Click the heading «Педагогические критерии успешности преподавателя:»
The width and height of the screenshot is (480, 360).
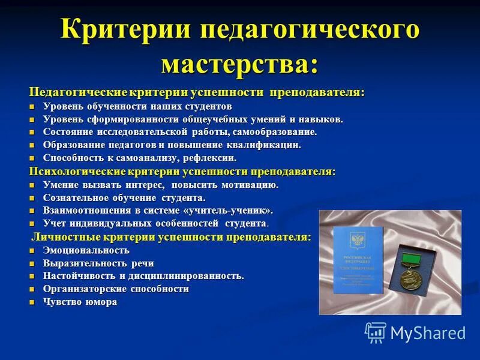point(197,92)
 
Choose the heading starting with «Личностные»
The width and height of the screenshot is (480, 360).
point(172,237)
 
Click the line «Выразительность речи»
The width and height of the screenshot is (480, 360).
point(98,263)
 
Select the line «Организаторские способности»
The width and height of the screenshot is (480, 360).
point(116,289)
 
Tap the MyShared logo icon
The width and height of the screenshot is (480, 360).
point(375,332)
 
